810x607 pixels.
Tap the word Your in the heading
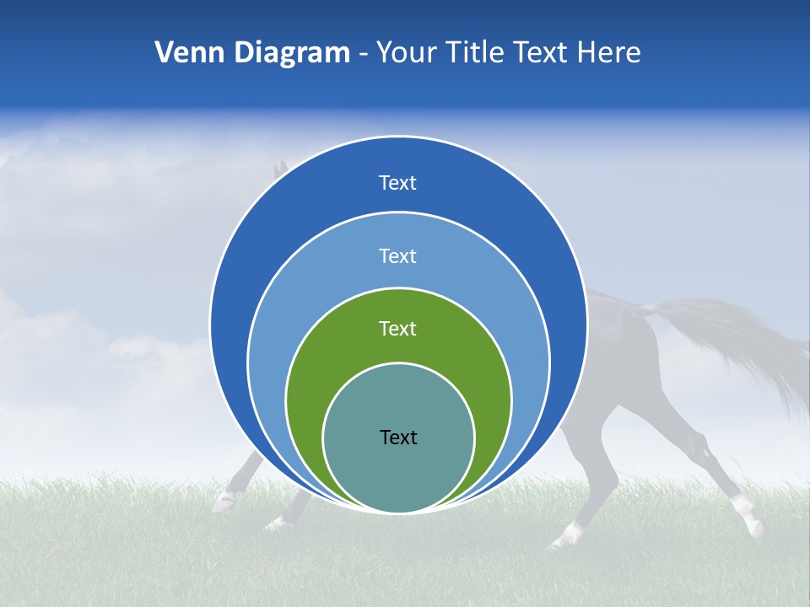click(x=402, y=53)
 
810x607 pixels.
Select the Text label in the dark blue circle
click(x=398, y=183)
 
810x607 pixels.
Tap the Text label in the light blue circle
click(x=398, y=255)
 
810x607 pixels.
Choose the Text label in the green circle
click(x=398, y=328)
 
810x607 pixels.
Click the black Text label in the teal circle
click(x=398, y=437)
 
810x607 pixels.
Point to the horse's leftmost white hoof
click(x=224, y=502)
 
